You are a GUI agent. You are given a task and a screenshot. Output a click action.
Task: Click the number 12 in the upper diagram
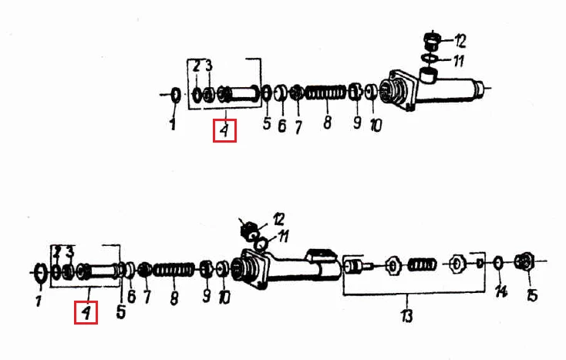(x=460, y=41)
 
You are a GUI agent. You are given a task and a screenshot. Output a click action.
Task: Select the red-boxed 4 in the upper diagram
(x=224, y=130)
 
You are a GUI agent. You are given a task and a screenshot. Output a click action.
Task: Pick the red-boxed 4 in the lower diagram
(x=86, y=312)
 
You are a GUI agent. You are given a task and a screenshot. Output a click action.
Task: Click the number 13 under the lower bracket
(x=406, y=315)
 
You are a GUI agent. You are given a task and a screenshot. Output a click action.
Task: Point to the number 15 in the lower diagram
(x=532, y=295)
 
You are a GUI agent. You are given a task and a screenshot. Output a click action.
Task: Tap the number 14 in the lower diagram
(x=501, y=291)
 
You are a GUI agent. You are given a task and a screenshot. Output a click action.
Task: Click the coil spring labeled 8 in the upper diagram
(x=326, y=93)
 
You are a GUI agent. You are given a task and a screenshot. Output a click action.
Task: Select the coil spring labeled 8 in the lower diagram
(x=174, y=270)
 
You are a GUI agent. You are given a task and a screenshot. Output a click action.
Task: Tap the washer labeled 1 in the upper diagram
(x=176, y=95)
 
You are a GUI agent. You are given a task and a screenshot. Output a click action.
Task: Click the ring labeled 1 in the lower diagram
(x=40, y=272)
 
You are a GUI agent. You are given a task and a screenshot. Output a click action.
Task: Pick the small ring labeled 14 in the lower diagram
(x=498, y=262)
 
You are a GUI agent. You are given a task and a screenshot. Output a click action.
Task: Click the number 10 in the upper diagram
(x=376, y=126)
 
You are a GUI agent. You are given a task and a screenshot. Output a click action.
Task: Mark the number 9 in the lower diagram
(x=206, y=296)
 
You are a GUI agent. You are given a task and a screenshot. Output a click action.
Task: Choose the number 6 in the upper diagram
(x=282, y=126)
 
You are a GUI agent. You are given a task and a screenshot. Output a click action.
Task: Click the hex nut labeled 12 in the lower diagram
(x=249, y=230)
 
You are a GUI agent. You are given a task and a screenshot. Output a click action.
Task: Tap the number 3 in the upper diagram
(x=209, y=66)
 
